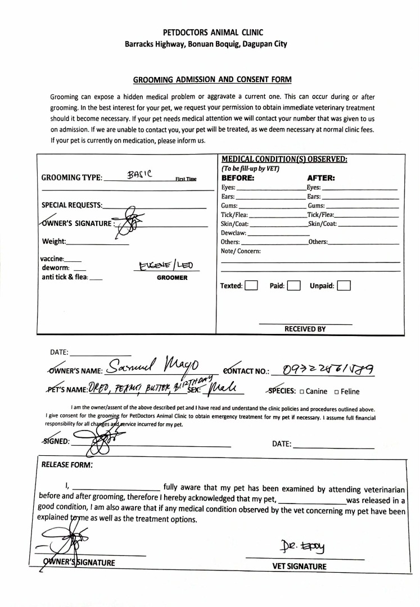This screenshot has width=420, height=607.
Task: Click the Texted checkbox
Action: [251, 286]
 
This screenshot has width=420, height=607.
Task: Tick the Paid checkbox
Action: [293, 286]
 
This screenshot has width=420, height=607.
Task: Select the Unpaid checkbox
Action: [344, 286]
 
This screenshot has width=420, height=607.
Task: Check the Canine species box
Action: [301, 392]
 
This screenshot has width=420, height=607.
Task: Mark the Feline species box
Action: [337, 392]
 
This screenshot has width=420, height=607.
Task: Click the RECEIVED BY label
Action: [305, 329]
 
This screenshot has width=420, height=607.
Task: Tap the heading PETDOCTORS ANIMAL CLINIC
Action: [210, 33]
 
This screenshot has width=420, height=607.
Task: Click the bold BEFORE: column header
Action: [238, 178]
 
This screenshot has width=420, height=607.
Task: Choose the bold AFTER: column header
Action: [321, 178]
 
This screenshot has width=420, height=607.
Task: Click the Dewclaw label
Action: [234, 232]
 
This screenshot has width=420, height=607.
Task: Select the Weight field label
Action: [54, 242]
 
